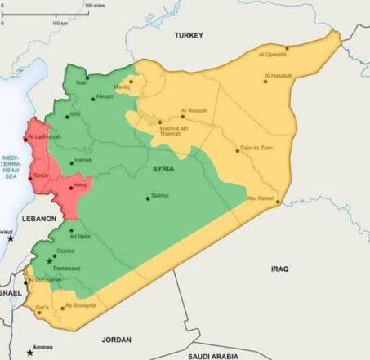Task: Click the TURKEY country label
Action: click(x=189, y=35)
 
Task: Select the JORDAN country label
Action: click(x=116, y=338)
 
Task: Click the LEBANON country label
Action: click(x=38, y=220)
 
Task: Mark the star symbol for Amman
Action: click(x=30, y=352)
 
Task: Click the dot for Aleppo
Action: click(x=92, y=96)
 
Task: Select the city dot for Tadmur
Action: click(x=148, y=197)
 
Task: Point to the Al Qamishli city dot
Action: click(x=287, y=48)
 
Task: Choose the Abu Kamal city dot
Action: click(x=277, y=201)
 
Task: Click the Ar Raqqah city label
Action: click(x=194, y=109)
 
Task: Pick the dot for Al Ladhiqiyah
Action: click(x=28, y=136)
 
